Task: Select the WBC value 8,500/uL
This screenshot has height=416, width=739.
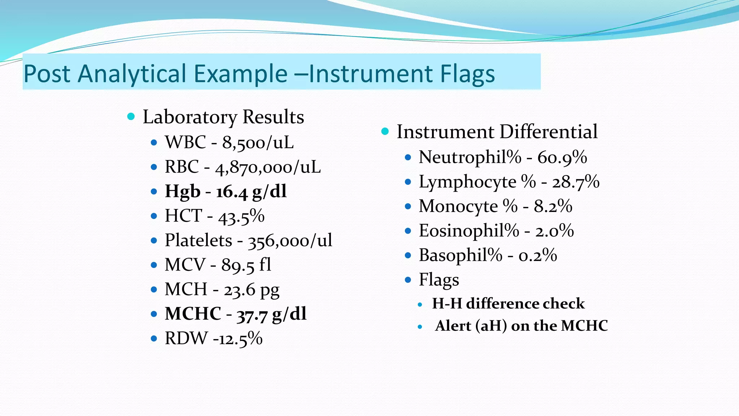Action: (258, 143)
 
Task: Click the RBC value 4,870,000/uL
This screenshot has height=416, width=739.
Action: (268, 167)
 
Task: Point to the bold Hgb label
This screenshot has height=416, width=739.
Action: (183, 191)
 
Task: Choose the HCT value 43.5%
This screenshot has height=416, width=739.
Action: (241, 216)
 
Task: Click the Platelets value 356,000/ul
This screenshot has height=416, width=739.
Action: (290, 240)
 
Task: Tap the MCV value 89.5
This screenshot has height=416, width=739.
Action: (238, 265)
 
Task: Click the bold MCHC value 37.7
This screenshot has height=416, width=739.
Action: (252, 314)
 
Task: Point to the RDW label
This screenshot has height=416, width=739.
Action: (186, 339)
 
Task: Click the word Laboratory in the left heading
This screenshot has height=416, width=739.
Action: (190, 117)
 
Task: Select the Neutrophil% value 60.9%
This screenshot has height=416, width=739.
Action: (562, 157)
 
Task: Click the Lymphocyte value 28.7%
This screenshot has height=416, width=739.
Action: (576, 182)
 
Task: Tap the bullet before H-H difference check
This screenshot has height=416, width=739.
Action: (420, 305)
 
